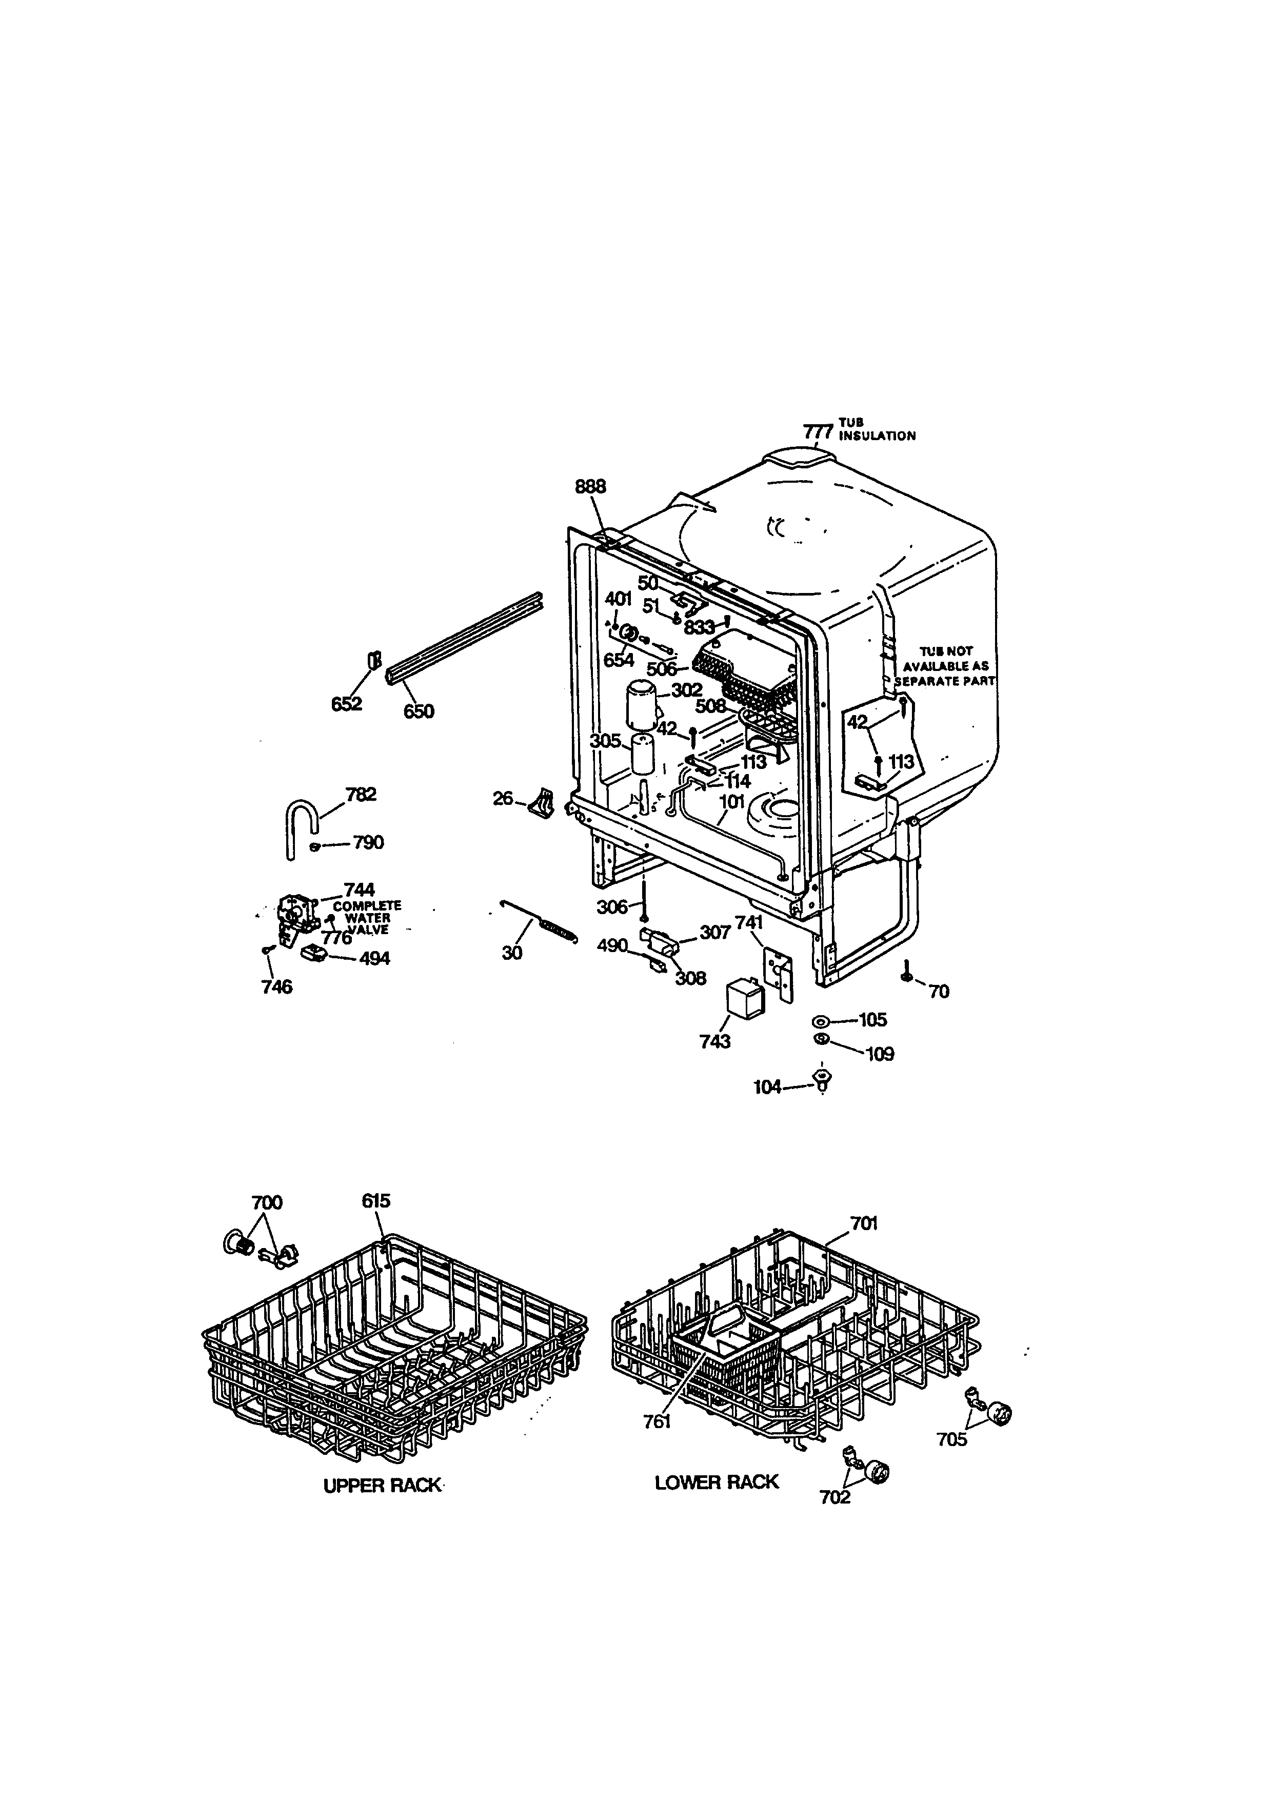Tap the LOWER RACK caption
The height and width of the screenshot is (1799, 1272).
point(717,1481)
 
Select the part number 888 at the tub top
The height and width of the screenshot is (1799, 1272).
point(590,487)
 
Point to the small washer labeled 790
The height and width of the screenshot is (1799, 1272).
point(315,845)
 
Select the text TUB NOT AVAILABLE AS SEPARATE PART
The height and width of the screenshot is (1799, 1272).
point(945,666)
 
